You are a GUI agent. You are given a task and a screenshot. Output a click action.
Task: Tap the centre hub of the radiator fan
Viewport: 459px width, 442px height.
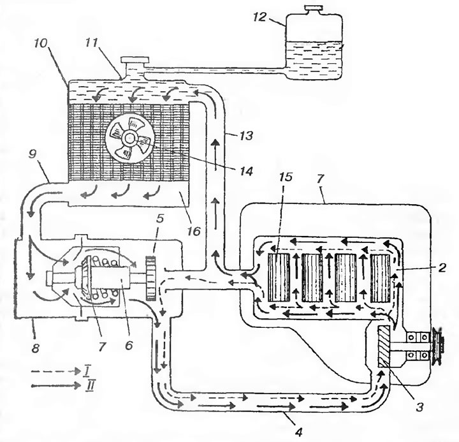pos(131,137)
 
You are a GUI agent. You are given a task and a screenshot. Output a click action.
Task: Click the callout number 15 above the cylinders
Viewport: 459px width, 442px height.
pos(285,177)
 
